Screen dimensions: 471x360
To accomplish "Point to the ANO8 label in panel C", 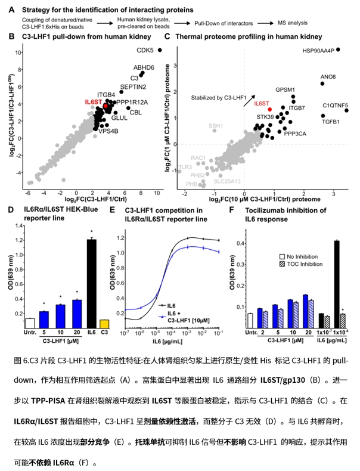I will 328,77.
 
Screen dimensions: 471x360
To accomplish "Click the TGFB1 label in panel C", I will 330,122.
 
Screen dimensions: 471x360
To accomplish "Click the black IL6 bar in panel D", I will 91,275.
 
